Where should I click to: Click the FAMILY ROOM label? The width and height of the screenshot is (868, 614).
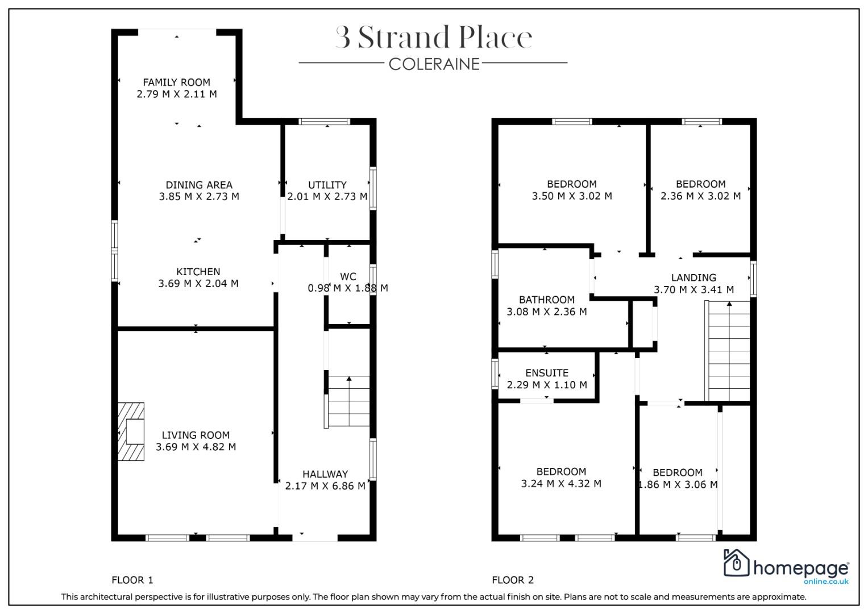click(176, 82)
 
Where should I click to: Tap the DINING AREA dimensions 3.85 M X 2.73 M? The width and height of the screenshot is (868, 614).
click(199, 197)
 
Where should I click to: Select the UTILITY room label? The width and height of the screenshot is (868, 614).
click(327, 185)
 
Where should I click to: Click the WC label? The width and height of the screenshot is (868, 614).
click(347, 276)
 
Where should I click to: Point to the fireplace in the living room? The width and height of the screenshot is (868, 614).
click(131, 432)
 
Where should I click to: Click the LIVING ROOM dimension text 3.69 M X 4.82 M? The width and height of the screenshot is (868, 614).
click(196, 447)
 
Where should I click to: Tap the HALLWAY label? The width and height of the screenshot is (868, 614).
click(325, 474)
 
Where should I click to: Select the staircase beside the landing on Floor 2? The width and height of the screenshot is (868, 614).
click(728, 351)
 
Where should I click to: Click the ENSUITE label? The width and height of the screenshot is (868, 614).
click(547, 373)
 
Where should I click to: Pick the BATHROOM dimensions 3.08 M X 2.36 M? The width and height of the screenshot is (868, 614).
click(547, 312)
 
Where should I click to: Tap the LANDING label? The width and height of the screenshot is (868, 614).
click(693, 277)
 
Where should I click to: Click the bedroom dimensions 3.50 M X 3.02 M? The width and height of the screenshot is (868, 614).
click(572, 196)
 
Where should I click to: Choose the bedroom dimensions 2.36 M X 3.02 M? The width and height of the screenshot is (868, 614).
click(701, 196)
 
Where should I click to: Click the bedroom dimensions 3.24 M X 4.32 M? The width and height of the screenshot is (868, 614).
click(561, 484)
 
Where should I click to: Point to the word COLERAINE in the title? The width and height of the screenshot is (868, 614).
click(434, 64)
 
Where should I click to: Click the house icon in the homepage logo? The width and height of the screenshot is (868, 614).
click(736, 563)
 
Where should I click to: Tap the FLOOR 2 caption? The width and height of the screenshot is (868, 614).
click(513, 580)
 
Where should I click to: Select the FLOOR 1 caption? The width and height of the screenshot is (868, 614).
click(132, 580)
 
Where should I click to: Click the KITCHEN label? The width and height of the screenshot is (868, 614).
click(198, 272)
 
